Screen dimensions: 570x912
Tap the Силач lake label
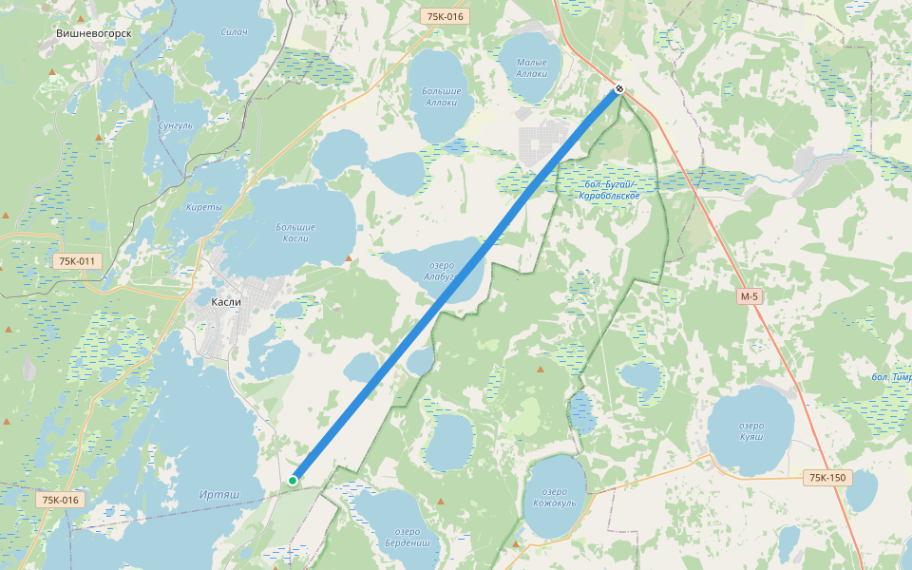pos(234,33)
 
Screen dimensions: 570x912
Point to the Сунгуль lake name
pos(176,125)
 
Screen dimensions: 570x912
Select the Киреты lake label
pos(204,207)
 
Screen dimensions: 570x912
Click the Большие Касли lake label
pos(295,233)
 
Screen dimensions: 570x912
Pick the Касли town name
pos(226,302)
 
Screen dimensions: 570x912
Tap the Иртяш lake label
pos(219,495)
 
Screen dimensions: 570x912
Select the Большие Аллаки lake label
pos(442,96)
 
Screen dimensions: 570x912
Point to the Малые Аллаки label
pos(532,67)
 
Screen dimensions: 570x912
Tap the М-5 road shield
pos(750,297)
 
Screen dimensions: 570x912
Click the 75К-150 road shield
pos(824,477)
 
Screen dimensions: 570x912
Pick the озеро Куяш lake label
pos(750,430)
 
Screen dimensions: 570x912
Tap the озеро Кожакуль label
pos(556,497)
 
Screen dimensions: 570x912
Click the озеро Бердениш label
pos(407,538)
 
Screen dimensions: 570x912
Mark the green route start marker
pos(294,481)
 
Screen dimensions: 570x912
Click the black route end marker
pos(619,88)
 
